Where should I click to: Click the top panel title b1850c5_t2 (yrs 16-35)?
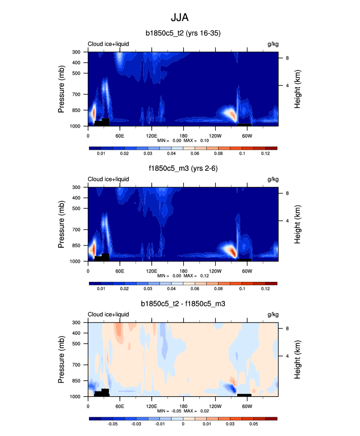pos(183,34)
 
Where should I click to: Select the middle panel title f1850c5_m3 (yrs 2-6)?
pos(183,169)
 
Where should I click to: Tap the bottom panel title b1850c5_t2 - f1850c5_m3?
pos(183,304)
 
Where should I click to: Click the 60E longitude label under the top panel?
pos(119,136)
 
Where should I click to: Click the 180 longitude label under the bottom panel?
pos(183,406)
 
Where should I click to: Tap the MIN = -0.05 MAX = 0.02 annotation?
pos(183,411)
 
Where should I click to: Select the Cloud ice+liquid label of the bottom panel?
pos(108,315)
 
